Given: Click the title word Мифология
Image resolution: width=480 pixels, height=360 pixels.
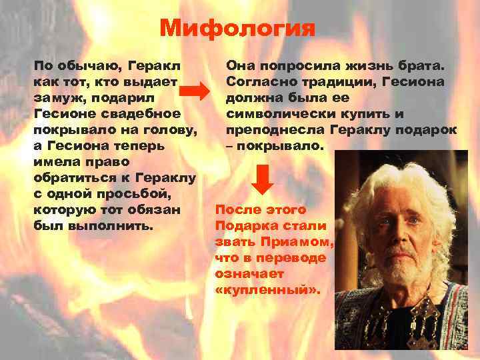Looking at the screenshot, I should (237, 29).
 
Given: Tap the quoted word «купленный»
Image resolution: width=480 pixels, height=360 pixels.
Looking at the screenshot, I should (268, 290).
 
